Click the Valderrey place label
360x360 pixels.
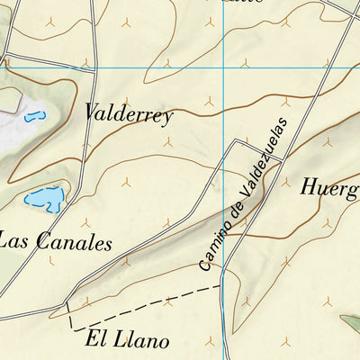pyautogui.click(x=128, y=114)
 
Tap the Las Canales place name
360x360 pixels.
pyautogui.click(x=56, y=242)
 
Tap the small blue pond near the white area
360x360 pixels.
pyautogui.click(x=34, y=116)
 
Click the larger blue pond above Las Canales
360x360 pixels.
pyautogui.click(x=45, y=198)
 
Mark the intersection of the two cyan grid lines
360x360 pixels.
pyautogui.click(x=223, y=67)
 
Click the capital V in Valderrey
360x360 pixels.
pyautogui.click(x=92, y=112)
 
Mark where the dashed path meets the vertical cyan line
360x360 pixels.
pyautogui.click(x=222, y=286)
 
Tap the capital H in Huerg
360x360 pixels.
pyautogui.click(x=308, y=187)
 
